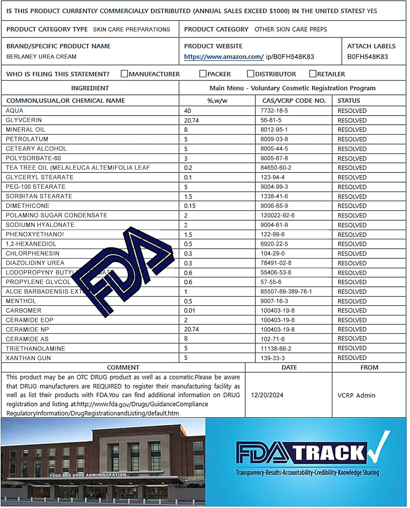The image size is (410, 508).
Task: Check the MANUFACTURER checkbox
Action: coord(124,74)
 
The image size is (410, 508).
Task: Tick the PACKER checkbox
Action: coord(203,74)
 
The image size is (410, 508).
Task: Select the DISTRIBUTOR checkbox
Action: coord(251,74)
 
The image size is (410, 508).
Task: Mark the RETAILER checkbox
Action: coord(313,74)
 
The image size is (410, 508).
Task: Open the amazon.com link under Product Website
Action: coord(223,57)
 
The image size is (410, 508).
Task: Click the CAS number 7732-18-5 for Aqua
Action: coord(274,111)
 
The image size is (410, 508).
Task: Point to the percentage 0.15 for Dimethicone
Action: coord(190,206)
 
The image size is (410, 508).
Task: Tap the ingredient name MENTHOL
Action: coord(21,301)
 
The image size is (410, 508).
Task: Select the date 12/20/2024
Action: coord(267,395)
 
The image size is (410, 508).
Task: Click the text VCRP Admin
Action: coord(356,395)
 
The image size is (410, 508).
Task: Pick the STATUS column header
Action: coord(349,101)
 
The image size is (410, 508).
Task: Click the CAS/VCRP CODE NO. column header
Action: coord(294,101)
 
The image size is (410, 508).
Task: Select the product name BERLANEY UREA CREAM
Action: coord(41,57)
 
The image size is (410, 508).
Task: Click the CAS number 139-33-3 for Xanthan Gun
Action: coord(273,358)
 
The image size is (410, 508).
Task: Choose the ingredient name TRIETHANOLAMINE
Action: coord(35,348)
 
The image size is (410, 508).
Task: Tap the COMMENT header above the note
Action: coord(123,367)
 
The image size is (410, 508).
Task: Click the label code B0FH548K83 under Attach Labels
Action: coord(367,57)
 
